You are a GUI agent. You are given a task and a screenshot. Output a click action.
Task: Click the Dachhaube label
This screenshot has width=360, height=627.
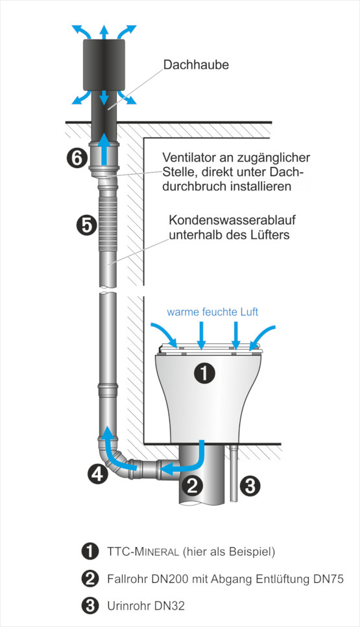[196, 65]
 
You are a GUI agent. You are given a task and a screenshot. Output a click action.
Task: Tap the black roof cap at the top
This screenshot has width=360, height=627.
[104, 65]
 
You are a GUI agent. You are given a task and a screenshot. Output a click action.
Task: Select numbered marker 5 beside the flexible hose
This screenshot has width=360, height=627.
[86, 225]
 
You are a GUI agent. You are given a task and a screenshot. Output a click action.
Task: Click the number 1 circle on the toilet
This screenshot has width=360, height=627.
[204, 373]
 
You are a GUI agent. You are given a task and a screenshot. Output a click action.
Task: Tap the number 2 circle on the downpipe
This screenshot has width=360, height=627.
[193, 486]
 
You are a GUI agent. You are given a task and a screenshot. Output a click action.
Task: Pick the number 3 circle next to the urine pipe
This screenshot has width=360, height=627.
[250, 486]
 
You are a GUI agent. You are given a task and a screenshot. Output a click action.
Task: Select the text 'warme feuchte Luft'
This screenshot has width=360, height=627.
[213, 312]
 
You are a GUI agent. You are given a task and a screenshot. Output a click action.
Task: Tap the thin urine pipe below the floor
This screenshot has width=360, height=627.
[234, 473]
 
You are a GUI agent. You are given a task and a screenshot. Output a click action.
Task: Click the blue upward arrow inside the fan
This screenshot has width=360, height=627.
[104, 149]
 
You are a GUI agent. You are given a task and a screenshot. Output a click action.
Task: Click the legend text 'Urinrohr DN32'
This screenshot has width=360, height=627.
[146, 606]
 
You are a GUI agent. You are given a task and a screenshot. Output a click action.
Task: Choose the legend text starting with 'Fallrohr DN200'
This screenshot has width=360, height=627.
[225, 578]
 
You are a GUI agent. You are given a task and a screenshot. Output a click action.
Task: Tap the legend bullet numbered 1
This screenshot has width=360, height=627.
[90, 552]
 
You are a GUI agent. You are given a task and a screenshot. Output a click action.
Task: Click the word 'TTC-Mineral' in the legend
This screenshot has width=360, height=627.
[143, 552]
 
